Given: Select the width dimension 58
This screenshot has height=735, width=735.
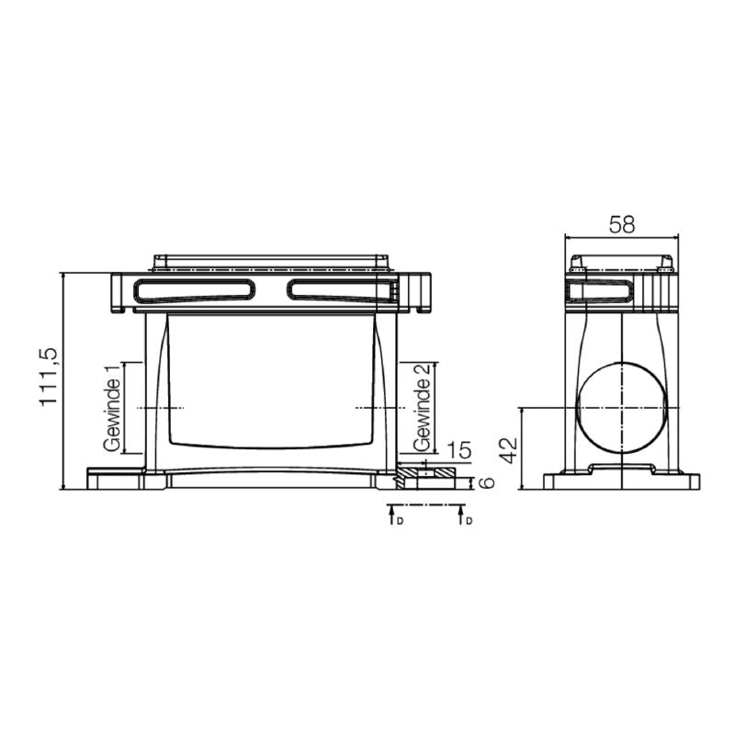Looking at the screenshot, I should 622,224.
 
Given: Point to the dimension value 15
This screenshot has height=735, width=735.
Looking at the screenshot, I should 459,450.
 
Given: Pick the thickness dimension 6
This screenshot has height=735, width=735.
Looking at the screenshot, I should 487,481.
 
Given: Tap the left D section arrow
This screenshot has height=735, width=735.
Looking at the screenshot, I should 390,515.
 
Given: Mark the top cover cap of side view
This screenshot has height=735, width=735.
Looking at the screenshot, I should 622,262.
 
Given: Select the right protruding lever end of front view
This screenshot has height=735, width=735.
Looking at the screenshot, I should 420,293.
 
